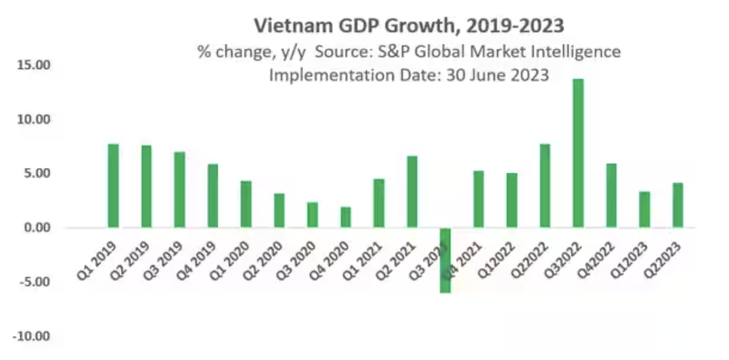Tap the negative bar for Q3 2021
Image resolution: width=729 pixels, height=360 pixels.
pyautogui.click(x=445, y=260)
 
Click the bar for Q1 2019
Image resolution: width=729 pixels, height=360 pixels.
pyautogui.click(x=113, y=186)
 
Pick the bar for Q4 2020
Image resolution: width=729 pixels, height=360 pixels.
pyautogui.click(x=345, y=217)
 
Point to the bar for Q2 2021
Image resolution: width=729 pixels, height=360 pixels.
pyautogui.click(x=412, y=192)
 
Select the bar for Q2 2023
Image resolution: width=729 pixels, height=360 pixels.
pyautogui.click(x=677, y=205)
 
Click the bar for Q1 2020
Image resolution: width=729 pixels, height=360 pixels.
pyautogui.click(x=246, y=204)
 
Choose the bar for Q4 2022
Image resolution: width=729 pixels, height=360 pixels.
pyautogui.click(x=611, y=196)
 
